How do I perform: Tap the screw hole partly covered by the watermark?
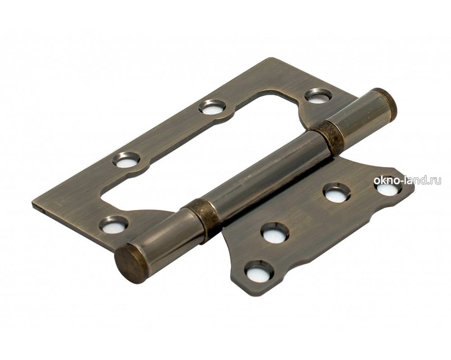[387, 185]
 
